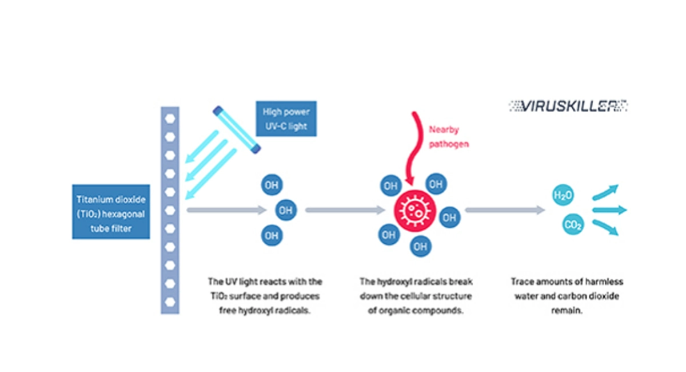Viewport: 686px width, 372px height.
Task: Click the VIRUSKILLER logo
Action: click(x=568, y=106)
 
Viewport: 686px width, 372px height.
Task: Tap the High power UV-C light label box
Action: click(x=286, y=118)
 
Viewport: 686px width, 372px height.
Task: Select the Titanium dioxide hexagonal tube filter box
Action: click(x=111, y=212)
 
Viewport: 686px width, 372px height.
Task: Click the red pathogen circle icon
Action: click(x=414, y=211)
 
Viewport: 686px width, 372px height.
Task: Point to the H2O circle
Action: click(x=563, y=195)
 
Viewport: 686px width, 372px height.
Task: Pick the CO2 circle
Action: click(x=573, y=224)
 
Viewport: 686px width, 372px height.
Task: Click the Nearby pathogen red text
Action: click(x=448, y=137)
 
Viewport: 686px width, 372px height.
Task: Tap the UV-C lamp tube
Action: click(x=237, y=129)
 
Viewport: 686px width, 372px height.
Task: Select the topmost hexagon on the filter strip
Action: click(x=170, y=118)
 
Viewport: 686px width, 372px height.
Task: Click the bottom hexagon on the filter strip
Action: click(x=170, y=302)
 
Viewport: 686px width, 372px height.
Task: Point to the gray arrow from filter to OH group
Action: click(x=226, y=210)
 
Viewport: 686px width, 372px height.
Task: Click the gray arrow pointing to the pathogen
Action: click(x=345, y=210)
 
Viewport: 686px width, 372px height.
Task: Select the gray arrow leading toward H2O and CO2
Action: click(x=505, y=210)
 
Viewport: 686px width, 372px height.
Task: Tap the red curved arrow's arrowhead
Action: click(x=409, y=181)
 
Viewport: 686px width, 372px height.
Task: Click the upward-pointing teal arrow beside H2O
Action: click(x=606, y=192)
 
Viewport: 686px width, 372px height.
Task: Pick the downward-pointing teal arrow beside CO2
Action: click(x=606, y=228)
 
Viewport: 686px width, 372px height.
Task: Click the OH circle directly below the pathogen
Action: click(x=421, y=246)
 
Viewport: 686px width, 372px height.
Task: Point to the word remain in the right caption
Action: click(x=567, y=310)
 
